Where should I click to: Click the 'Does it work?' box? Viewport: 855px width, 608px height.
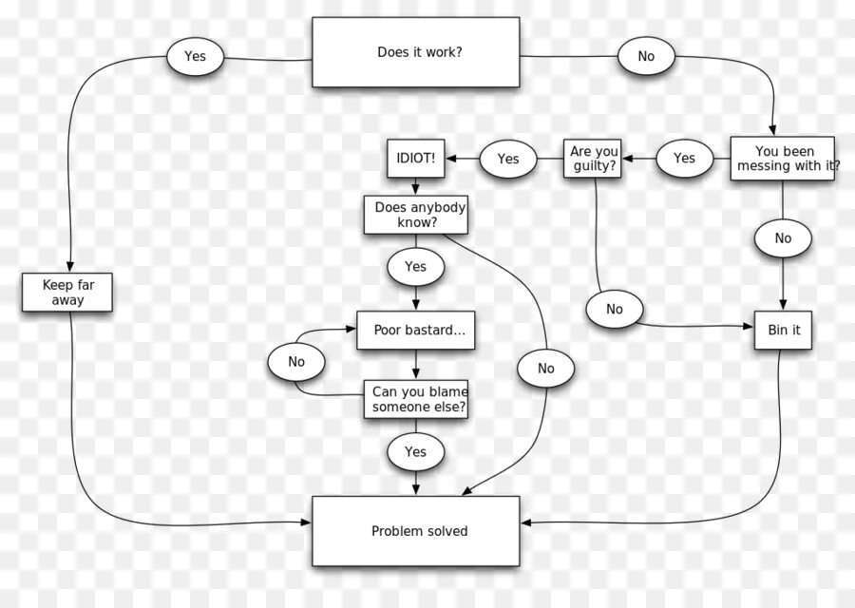click(416, 52)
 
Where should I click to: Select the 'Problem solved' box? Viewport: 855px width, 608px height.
click(416, 531)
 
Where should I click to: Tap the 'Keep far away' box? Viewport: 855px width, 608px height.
click(67, 292)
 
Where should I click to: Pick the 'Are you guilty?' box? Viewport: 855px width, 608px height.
click(595, 159)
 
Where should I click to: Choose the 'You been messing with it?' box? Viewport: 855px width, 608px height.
click(783, 159)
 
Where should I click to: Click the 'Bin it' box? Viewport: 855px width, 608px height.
click(783, 330)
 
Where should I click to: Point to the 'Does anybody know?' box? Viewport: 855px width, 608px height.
click(415, 215)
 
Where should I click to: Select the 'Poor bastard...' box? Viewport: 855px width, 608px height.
click(415, 330)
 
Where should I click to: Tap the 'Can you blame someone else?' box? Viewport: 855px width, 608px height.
click(415, 399)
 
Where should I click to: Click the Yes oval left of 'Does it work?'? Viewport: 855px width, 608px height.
click(195, 56)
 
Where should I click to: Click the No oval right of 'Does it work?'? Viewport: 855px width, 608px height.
click(646, 56)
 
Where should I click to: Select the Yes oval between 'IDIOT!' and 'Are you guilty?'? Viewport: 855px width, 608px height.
click(508, 159)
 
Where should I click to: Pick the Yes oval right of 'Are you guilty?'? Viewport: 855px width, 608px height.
click(684, 159)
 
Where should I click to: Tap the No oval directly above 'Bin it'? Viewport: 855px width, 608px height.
click(783, 238)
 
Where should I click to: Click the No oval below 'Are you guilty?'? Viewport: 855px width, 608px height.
click(615, 309)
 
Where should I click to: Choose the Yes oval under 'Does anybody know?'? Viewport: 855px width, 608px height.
click(415, 267)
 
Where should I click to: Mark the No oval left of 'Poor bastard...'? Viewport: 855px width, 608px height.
click(296, 362)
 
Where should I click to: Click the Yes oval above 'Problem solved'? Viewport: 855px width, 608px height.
click(415, 452)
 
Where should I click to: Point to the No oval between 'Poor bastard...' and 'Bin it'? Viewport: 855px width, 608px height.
click(545, 369)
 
